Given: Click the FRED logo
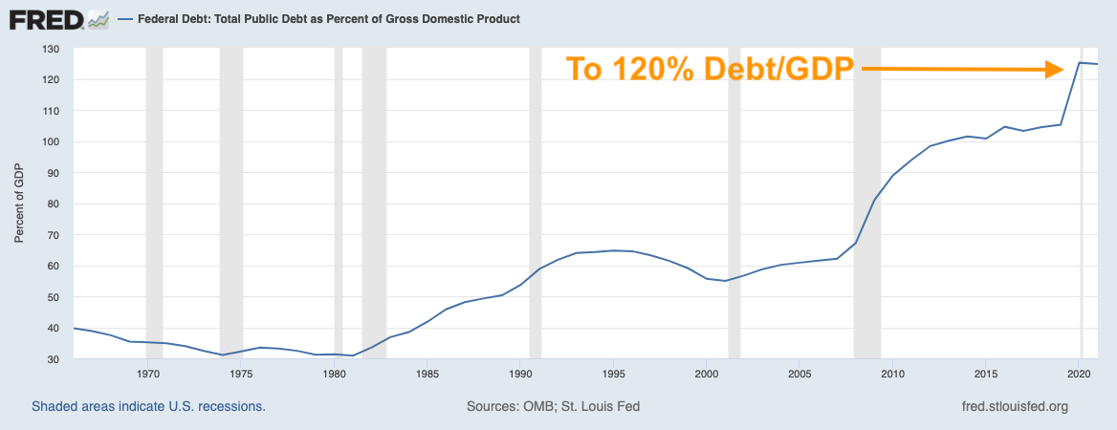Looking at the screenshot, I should pyautogui.click(x=57, y=18).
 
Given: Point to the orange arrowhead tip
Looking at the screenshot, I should pyautogui.click(x=1064, y=69).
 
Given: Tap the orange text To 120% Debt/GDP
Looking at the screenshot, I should pyautogui.click(x=707, y=70).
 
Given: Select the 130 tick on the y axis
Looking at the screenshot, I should pyautogui.click(x=51, y=49).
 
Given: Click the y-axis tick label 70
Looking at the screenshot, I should pyautogui.click(x=54, y=235).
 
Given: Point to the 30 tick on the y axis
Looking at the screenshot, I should pyautogui.click(x=54, y=359).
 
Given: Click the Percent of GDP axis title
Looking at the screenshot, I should pyautogui.click(x=19, y=204).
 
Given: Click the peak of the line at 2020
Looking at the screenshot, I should pyautogui.click(x=1080, y=63).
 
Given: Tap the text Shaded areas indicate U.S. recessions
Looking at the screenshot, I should pyautogui.click(x=148, y=406).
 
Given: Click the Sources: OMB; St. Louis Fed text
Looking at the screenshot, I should pyautogui.click(x=553, y=406).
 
